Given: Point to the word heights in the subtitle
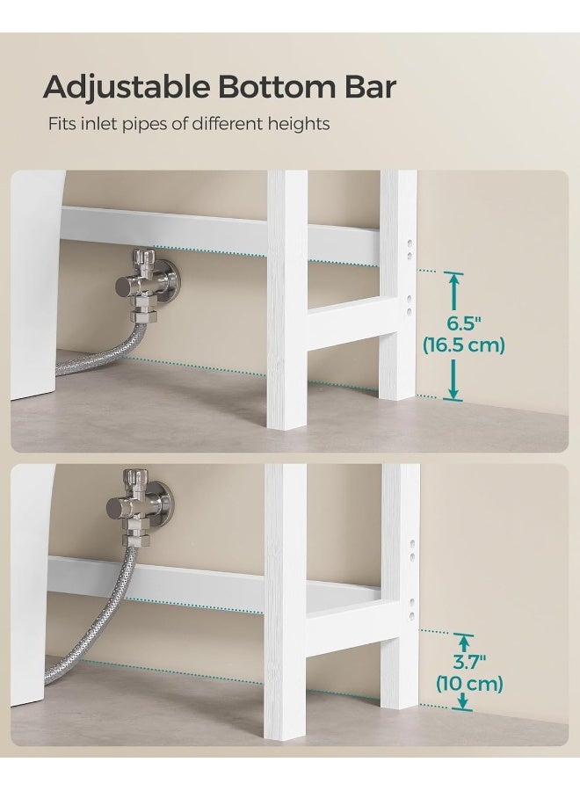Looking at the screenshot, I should coord(299,124).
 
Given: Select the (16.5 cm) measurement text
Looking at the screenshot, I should coord(463,345).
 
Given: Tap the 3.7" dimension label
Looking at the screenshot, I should coord(463,661).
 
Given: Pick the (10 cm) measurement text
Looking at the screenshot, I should coord(470,684).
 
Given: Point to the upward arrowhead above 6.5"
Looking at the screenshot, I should coord(453,280).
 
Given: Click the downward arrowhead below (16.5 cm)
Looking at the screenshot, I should coord(453,393).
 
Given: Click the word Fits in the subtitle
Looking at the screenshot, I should coord(62,124).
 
